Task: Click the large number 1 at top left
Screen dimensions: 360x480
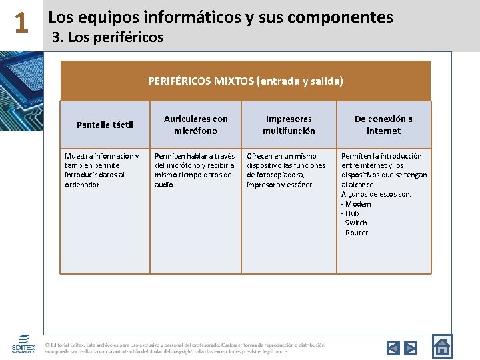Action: (x=21, y=24)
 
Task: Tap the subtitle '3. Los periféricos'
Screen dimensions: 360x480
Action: (x=107, y=37)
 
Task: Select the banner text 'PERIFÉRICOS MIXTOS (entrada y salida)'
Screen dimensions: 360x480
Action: (x=245, y=81)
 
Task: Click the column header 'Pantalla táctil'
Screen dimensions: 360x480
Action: (x=105, y=125)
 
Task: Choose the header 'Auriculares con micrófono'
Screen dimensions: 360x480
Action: (x=196, y=125)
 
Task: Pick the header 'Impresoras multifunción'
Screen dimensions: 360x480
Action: (x=289, y=125)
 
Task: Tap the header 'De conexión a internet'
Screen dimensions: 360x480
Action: (x=383, y=125)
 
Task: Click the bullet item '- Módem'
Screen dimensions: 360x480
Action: (x=356, y=204)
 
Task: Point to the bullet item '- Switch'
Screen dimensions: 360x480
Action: (x=354, y=223)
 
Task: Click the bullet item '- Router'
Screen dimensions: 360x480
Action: (x=355, y=233)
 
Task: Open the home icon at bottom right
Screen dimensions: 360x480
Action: (x=441, y=346)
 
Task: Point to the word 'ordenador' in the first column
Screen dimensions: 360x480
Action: (x=82, y=185)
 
